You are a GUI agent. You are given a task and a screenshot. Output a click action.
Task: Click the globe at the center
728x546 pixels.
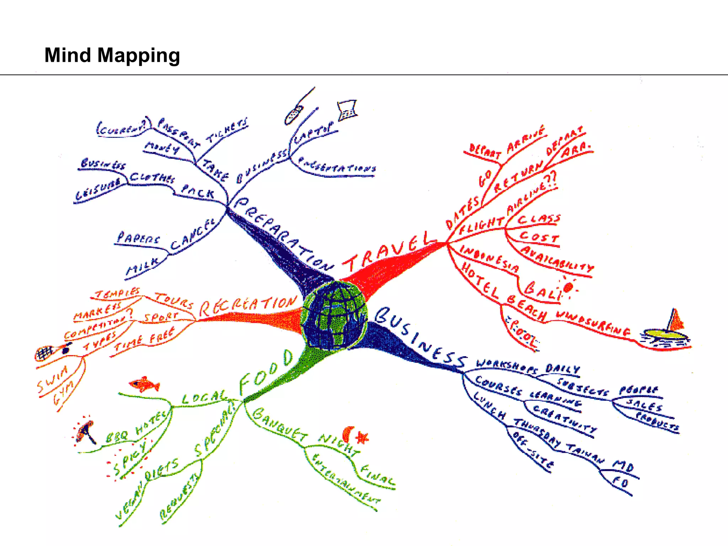click(x=334, y=315)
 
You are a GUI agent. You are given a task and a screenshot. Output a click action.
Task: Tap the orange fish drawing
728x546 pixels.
click(x=144, y=384)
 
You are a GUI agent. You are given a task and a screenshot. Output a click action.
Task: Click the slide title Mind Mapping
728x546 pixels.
click(x=112, y=55)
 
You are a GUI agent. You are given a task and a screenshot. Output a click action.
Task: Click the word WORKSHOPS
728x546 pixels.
click(x=507, y=366)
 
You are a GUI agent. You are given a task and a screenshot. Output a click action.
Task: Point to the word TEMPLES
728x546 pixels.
click(x=118, y=293)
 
